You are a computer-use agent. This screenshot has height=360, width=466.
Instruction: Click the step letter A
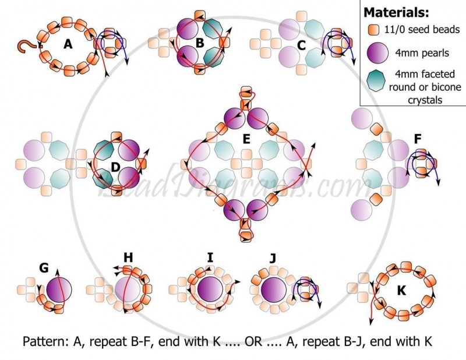[68, 44]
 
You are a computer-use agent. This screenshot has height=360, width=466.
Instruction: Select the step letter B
[200, 43]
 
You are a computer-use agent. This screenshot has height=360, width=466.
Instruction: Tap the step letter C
[301, 46]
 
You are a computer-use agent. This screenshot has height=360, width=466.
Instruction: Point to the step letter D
[115, 167]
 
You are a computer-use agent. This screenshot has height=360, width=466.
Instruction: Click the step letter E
[246, 139]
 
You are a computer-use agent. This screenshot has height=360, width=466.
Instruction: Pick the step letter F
[418, 139]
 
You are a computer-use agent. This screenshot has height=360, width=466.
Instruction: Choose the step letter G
[44, 268]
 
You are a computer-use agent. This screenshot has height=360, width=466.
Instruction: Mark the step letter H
[128, 257]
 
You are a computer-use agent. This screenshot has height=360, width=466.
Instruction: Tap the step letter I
[210, 257]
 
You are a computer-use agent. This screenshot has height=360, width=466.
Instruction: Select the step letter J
[273, 258]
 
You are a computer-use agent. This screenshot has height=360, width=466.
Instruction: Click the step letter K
[401, 291]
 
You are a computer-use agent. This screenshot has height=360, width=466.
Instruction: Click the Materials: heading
[397, 12]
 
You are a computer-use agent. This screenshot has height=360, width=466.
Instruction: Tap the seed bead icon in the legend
[373, 30]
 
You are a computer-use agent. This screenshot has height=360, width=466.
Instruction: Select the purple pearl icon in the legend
[377, 53]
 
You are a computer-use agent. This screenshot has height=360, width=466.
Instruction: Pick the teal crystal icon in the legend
[376, 80]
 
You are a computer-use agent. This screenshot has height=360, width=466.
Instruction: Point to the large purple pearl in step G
[59, 290]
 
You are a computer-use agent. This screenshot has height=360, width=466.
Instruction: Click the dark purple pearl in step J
[273, 290]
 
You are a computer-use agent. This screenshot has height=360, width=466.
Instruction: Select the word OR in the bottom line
[253, 341]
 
